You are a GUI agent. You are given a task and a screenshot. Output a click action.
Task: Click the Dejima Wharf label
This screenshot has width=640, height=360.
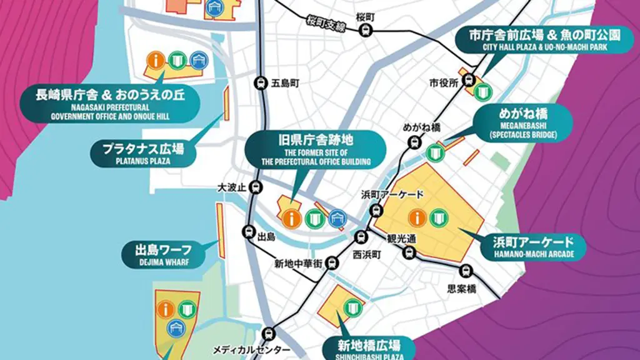(164, 254)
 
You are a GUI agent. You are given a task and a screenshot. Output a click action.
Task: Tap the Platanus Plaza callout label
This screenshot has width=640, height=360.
(142, 152)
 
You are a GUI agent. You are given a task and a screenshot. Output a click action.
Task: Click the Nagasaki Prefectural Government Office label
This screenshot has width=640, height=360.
(110, 103)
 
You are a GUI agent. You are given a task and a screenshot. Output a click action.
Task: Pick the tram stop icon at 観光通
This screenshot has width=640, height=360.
(409, 252)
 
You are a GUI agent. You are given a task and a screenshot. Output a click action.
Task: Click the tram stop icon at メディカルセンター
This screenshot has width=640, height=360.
(269, 334)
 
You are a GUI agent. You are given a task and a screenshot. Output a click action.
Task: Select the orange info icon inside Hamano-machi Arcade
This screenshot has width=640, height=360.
(417, 217)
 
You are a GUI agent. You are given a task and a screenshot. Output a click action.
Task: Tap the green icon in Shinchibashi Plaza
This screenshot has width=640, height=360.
(353, 307)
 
